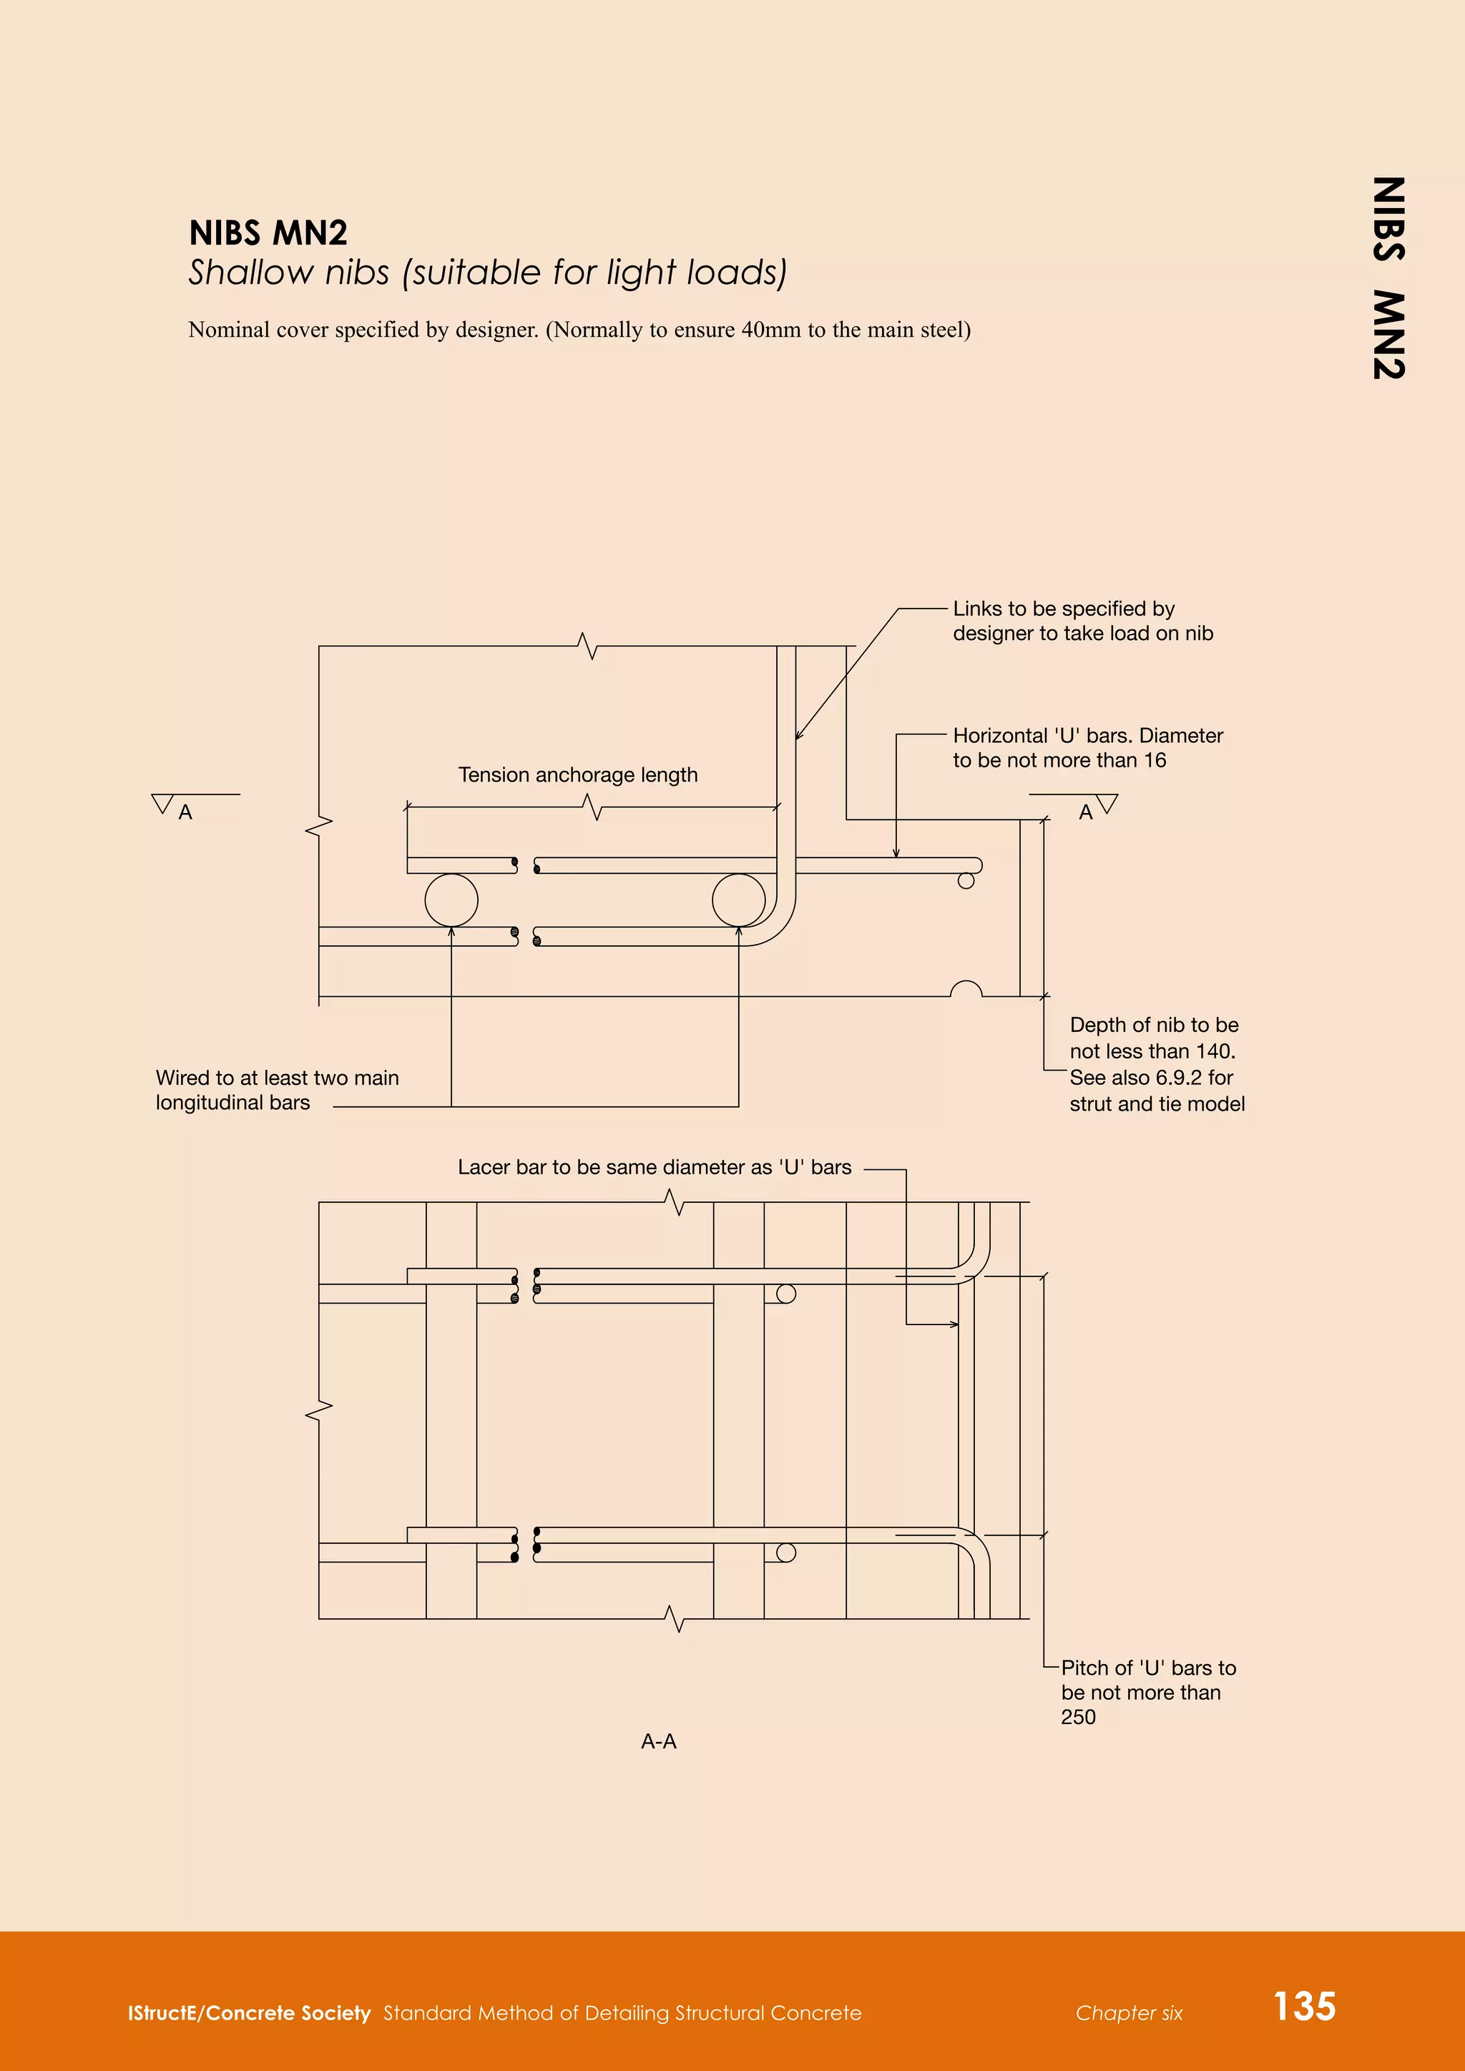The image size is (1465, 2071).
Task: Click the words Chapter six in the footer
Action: point(1129,2013)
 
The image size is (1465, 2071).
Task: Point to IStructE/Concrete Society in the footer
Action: point(249,2013)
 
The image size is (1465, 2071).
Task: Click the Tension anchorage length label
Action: point(577,774)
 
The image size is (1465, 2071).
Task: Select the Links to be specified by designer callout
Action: point(1082,621)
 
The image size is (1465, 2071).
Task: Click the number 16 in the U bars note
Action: point(1155,760)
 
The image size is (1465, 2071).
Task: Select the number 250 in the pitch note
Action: point(1078,1716)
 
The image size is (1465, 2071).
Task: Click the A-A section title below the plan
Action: point(659,1741)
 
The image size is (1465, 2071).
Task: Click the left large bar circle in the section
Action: point(451,900)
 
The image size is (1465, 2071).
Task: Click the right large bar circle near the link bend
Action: point(738,900)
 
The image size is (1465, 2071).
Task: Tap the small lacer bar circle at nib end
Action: point(966,881)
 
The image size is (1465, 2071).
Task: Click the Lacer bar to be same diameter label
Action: point(654,1167)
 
